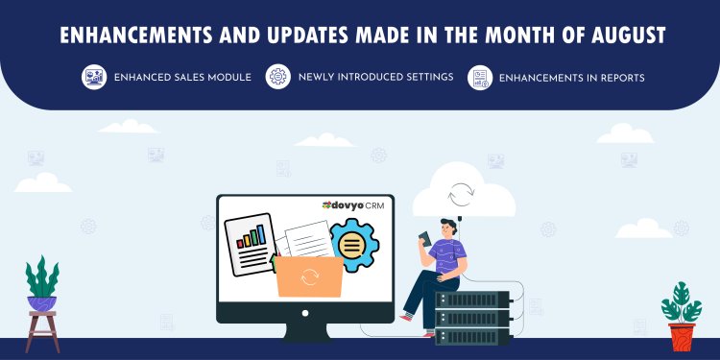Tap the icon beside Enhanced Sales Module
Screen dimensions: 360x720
[93, 77]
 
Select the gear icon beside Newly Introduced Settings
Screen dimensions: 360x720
[277, 77]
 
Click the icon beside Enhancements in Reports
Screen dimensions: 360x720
[479, 77]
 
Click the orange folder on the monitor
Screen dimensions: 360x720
[309, 276]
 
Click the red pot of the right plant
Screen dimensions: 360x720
[682, 336]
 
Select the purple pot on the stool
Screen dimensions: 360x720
[41, 303]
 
